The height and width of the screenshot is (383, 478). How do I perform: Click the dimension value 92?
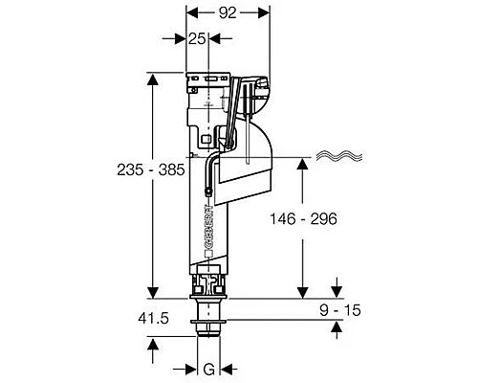click(x=228, y=13)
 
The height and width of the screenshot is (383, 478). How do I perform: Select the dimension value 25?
click(x=197, y=39)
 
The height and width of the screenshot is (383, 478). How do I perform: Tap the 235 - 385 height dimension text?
click(x=151, y=169)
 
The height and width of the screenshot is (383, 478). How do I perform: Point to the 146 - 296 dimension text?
click(x=303, y=219)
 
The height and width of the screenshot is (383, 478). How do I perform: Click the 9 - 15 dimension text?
click(x=340, y=310)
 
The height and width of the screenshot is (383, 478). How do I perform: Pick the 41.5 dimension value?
click(x=153, y=319)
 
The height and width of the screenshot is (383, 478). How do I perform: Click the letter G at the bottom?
click(x=209, y=370)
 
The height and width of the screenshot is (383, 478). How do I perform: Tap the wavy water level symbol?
click(x=339, y=155)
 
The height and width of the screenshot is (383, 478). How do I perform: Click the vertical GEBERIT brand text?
click(x=208, y=227)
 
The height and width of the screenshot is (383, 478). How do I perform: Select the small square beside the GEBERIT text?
click(x=208, y=254)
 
